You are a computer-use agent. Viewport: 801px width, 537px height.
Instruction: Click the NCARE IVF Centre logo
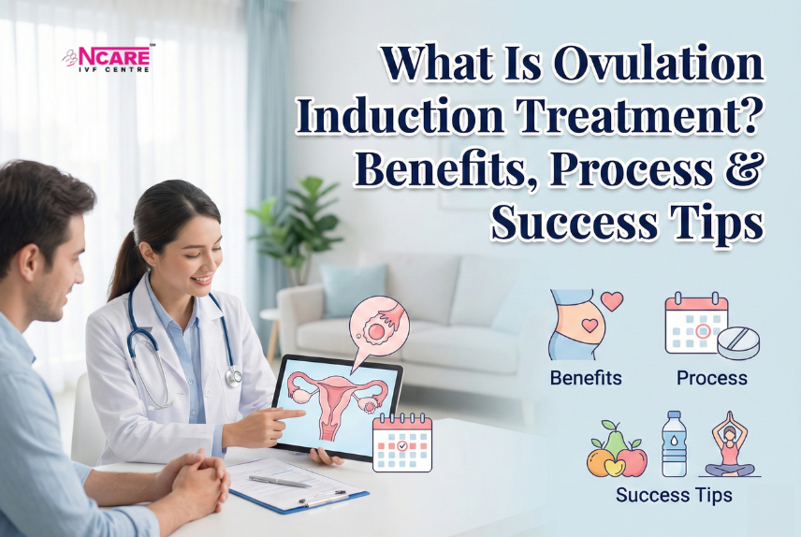point(108,59)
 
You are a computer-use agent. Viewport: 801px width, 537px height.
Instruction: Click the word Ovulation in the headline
point(659,64)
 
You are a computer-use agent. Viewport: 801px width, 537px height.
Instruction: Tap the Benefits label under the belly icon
point(586,378)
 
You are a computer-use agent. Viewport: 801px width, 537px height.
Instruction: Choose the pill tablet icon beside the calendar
point(738,343)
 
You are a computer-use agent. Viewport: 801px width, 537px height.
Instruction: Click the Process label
point(711,378)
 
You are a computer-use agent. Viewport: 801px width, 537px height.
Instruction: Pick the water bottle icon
point(675,444)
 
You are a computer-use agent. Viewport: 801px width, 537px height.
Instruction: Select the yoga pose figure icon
point(730,444)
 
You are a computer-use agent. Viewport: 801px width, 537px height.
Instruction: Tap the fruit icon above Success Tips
point(617,449)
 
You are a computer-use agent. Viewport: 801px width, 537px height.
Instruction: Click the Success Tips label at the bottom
point(674,495)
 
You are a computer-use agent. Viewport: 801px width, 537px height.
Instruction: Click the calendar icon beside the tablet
point(402,443)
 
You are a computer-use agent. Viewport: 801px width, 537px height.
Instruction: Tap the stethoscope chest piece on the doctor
point(233,377)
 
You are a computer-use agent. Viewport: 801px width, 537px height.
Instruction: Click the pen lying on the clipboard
point(280,481)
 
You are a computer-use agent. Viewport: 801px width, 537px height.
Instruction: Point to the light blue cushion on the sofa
point(353,290)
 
